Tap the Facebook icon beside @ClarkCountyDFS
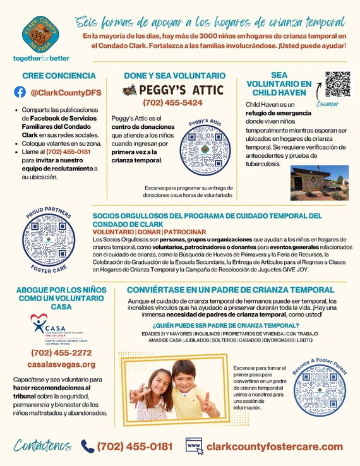click(x=20, y=92)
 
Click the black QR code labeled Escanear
click(x=337, y=83)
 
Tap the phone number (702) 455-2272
click(x=61, y=352)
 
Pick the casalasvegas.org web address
click(x=61, y=364)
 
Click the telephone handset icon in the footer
click(x=87, y=446)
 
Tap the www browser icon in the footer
click(x=195, y=446)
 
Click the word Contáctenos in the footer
click(x=42, y=446)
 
